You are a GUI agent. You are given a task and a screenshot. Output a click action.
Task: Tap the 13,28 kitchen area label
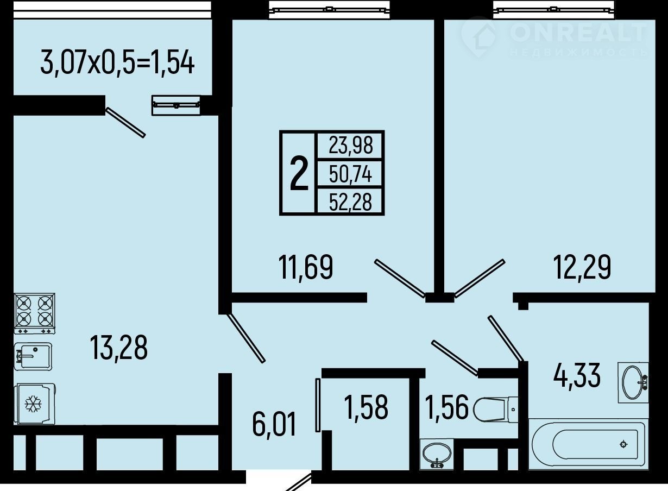[x=118, y=348]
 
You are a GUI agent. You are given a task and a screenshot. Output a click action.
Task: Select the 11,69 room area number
[x=305, y=268]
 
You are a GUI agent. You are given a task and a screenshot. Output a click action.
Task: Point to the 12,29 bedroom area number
[x=582, y=268]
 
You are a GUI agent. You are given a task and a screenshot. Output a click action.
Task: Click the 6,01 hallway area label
[x=274, y=425]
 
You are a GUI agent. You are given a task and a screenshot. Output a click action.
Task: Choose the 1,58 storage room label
[x=366, y=407]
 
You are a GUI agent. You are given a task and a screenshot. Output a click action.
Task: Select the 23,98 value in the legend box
[x=351, y=146]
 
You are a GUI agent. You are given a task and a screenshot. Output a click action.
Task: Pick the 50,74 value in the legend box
[x=351, y=174]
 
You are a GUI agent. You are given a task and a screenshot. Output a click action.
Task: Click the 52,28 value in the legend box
[x=351, y=202]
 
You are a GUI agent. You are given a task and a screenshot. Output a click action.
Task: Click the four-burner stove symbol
[x=35, y=313]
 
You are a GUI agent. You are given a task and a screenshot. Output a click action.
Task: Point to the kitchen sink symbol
[x=33, y=357]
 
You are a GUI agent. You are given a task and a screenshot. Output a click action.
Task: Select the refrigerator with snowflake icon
[x=35, y=404]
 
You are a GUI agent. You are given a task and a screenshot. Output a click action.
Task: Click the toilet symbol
[x=495, y=410]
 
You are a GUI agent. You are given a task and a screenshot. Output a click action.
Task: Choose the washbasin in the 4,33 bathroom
[x=633, y=383]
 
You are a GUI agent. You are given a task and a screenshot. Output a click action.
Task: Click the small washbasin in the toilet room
[x=437, y=455]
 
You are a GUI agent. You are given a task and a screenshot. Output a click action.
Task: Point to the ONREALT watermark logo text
[x=578, y=32]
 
